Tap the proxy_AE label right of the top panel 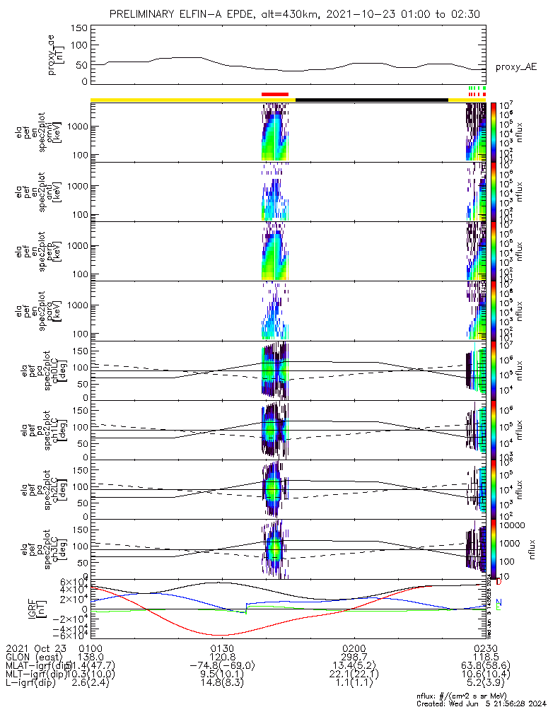click(x=516, y=67)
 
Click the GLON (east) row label click(x=35, y=657)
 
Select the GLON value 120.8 click(x=223, y=657)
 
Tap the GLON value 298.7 click(x=354, y=657)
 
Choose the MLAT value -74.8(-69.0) click(x=223, y=665)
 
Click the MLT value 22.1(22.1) click(x=354, y=674)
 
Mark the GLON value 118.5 click(x=486, y=657)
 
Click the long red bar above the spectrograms click(x=275, y=93)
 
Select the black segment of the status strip click(x=371, y=100)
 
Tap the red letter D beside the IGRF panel click(x=499, y=582)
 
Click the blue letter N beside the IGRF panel click(x=499, y=602)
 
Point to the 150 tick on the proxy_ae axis click(x=79, y=28)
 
